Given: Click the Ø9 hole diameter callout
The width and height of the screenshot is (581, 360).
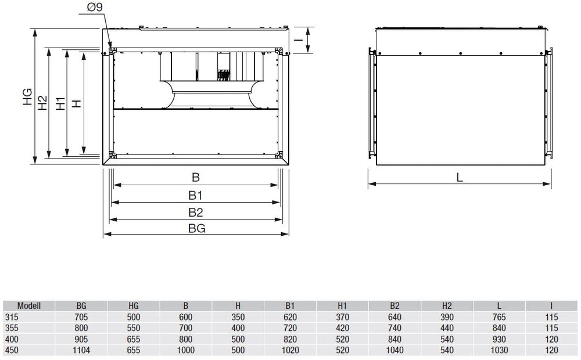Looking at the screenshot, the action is pyautogui.click(x=95, y=7).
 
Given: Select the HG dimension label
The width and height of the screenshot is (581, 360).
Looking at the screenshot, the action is pyautogui.click(x=27, y=96).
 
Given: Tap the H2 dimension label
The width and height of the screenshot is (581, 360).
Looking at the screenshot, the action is pyautogui.click(x=43, y=103).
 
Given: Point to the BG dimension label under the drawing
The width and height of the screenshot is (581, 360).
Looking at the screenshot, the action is pyautogui.click(x=197, y=228).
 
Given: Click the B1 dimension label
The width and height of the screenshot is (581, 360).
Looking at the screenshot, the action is pyautogui.click(x=195, y=195).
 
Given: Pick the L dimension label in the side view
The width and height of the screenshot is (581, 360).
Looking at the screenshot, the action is pyautogui.click(x=460, y=178).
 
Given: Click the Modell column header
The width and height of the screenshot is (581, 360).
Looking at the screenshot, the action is pyautogui.click(x=29, y=306).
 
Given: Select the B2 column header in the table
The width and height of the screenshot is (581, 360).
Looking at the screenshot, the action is pyautogui.click(x=394, y=306).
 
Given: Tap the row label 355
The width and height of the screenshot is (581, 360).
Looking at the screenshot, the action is pyautogui.click(x=12, y=328).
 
